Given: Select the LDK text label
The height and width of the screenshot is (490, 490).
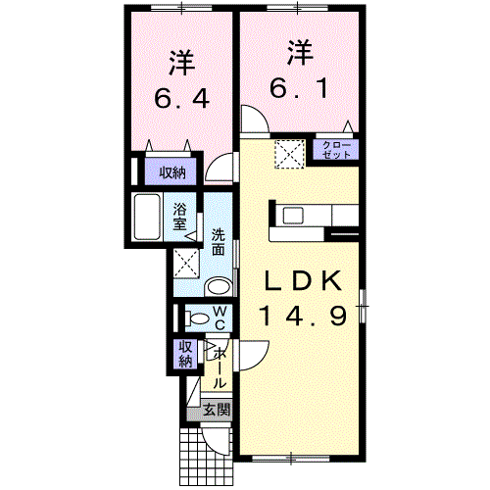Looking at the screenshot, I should coord(304,281).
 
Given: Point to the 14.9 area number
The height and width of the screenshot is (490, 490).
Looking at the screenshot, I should coord(303,316).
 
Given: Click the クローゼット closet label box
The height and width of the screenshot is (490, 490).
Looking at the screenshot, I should coord(336,150).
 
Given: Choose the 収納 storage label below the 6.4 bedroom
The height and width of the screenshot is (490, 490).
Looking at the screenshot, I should coord(172,173).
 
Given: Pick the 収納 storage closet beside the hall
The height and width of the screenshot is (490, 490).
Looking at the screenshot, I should coord(185,354).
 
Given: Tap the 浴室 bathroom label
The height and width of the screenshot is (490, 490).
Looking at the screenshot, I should coord(180,216).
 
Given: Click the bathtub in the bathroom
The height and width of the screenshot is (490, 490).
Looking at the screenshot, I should coord(151,217).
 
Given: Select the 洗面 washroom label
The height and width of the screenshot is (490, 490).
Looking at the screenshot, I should coord(220,242).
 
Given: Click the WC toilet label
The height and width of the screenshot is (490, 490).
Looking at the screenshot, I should coord(219,318).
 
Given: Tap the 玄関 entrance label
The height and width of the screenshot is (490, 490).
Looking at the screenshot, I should coord(217,410).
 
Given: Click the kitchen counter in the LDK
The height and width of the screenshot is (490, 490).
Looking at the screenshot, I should coord(308,216).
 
